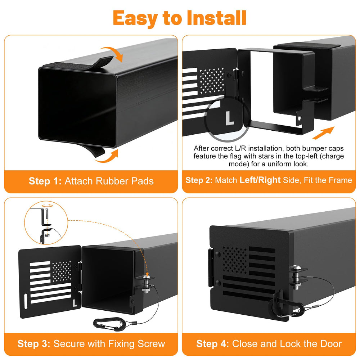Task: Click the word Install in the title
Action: (216, 18)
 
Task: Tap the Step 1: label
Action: (45, 181)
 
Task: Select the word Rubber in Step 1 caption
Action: (111, 181)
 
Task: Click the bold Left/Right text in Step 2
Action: (260, 180)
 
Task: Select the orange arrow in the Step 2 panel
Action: (323, 133)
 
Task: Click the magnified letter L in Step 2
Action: (229, 118)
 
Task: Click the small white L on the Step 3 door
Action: (75, 303)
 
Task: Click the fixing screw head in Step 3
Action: (146, 278)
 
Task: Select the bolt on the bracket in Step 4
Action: (296, 277)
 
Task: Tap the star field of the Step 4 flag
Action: (235, 260)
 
